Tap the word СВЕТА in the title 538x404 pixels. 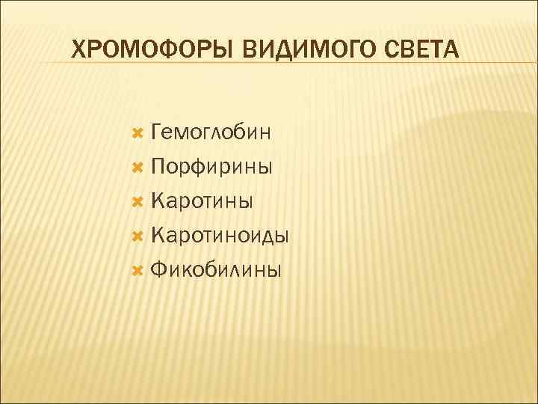click(424, 52)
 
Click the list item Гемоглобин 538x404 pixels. click(211, 132)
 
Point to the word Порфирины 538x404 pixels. click(211, 167)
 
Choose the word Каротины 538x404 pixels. click(202, 201)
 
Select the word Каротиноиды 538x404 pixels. click(220, 236)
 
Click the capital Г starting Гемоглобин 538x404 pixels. click(156, 132)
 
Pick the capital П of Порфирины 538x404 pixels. click(158, 167)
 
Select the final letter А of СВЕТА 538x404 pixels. click(454, 52)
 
